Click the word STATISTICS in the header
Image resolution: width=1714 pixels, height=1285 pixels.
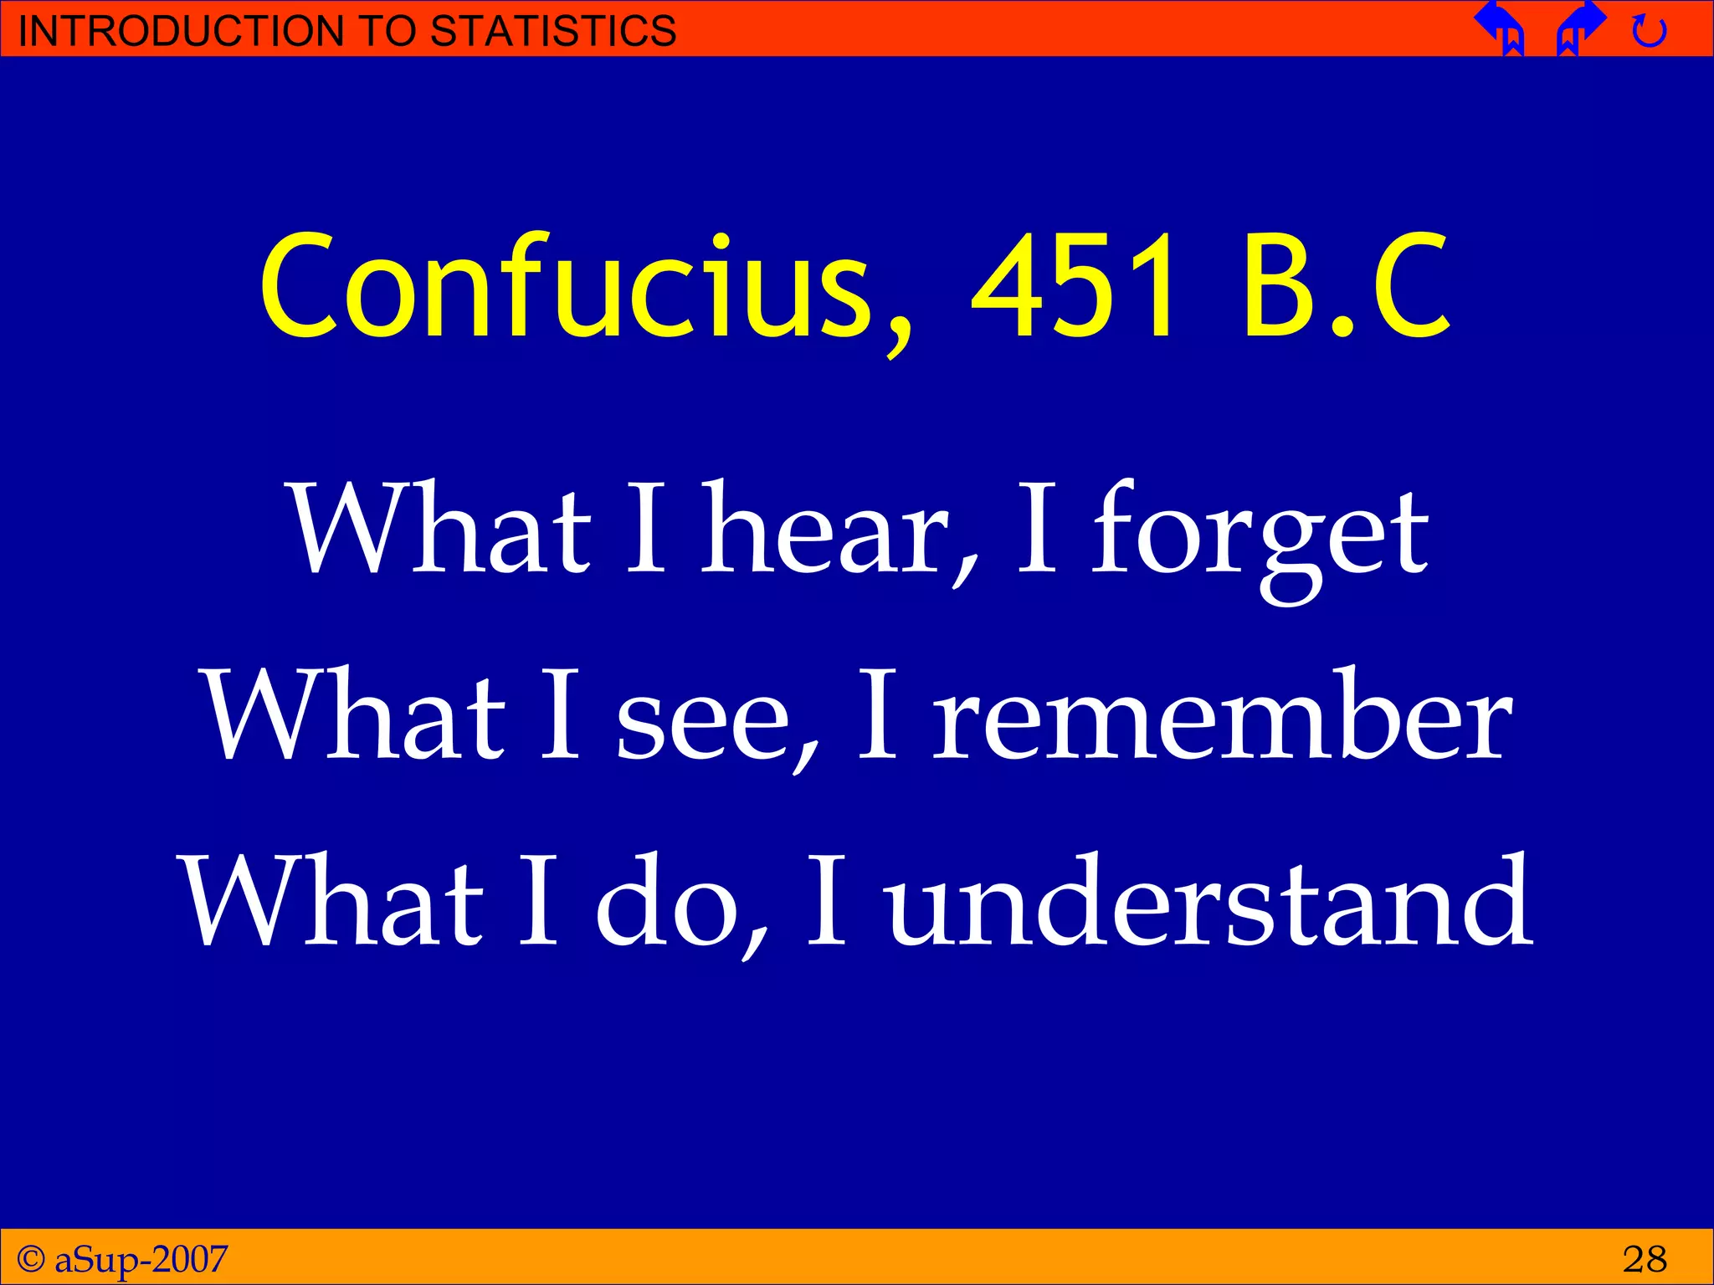552,31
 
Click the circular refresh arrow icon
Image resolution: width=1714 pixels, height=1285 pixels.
1649,32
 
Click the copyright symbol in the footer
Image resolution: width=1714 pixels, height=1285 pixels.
31,1258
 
